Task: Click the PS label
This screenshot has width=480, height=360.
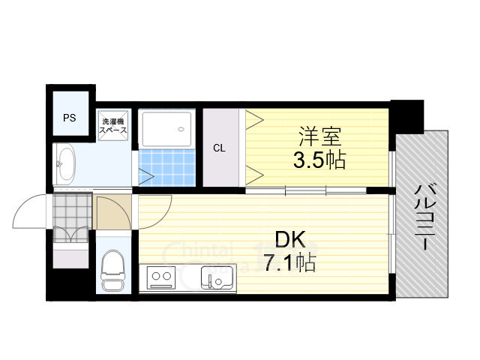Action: click(x=69, y=118)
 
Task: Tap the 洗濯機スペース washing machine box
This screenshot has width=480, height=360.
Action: click(x=113, y=125)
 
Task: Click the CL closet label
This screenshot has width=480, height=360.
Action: click(x=219, y=148)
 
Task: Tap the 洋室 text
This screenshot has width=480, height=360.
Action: click(x=322, y=137)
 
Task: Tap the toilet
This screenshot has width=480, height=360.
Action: click(x=113, y=271)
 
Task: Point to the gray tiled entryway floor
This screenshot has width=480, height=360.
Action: click(x=72, y=214)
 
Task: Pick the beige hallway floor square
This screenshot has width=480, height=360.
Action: click(x=112, y=214)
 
